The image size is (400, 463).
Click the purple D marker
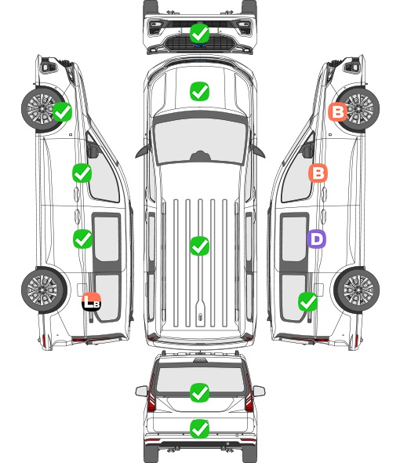(316, 239)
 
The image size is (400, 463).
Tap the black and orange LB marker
(92, 302)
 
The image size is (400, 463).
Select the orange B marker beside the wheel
(338, 111)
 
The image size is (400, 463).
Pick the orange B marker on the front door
(318, 173)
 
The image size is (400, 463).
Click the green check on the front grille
(199, 33)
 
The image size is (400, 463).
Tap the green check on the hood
(199, 91)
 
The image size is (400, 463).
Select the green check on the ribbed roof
(199, 246)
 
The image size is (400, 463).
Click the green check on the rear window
(199, 392)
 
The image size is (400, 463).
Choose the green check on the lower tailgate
(199, 428)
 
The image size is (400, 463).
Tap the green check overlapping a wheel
(62, 111)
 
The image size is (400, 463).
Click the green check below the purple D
(308, 302)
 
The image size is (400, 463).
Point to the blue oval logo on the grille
(200, 46)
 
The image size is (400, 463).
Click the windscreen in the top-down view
(200, 140)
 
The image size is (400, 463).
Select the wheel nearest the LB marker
(44, 290)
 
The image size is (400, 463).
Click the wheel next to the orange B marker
(358, 108)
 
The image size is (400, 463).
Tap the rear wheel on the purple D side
(357, 290)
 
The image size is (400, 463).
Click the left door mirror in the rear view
(142, 391)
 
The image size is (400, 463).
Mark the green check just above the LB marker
(82, 239)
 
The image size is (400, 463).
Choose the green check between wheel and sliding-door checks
(82, 173)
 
